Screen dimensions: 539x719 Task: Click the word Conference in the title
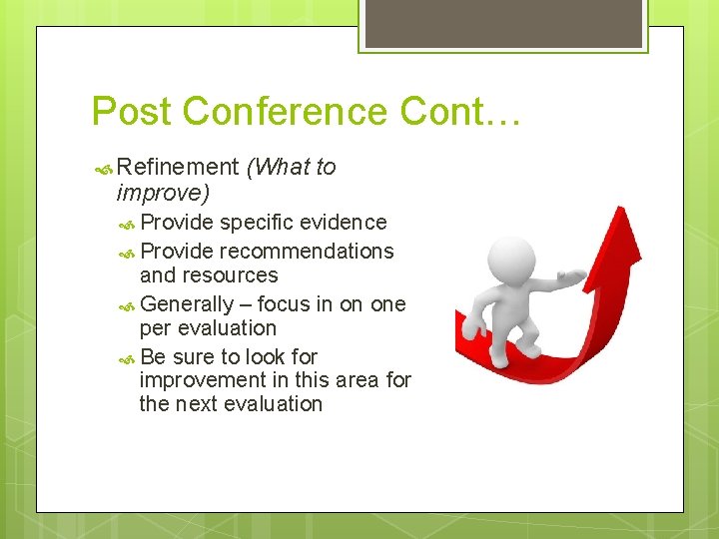291,111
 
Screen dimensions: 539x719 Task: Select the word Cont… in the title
460,111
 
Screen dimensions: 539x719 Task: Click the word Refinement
178,168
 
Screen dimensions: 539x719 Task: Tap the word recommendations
307,252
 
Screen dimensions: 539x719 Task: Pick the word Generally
187,304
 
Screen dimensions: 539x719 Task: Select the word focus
284,304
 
